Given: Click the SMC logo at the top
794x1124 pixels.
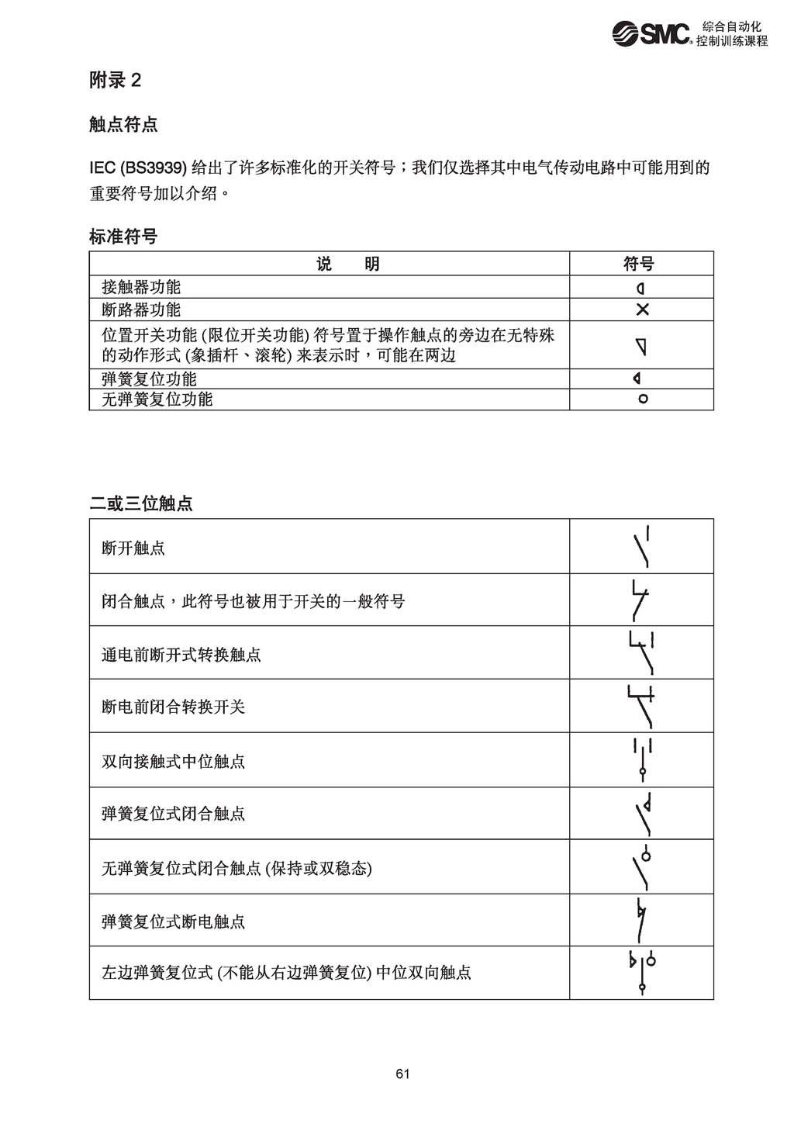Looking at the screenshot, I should [651, 33].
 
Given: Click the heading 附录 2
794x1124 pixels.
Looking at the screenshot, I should [116, 80].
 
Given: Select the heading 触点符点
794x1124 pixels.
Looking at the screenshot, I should [123, 124].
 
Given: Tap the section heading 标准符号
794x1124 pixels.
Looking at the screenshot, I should [123, 237].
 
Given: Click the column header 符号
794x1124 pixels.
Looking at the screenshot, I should [640, 264].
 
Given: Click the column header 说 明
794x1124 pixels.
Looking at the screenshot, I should [348, 264].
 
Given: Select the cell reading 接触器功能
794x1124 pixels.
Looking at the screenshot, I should [141, 288].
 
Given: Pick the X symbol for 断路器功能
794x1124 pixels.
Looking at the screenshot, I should [642, 310].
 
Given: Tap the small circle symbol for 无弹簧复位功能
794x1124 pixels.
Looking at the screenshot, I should [642, 399].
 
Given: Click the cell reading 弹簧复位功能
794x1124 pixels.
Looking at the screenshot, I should [150, 379].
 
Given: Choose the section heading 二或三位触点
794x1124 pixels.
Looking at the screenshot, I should [141, 503].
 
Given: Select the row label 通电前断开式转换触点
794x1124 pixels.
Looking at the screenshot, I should [181, 655].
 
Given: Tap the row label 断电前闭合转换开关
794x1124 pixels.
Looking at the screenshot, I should [174, 707].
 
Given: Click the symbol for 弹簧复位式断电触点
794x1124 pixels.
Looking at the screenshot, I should [641, 920].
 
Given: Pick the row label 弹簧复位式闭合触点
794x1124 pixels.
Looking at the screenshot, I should [174, 814].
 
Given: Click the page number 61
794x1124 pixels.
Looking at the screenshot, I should [402, 1074].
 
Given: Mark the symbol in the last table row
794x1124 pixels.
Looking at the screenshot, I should [643, 973].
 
